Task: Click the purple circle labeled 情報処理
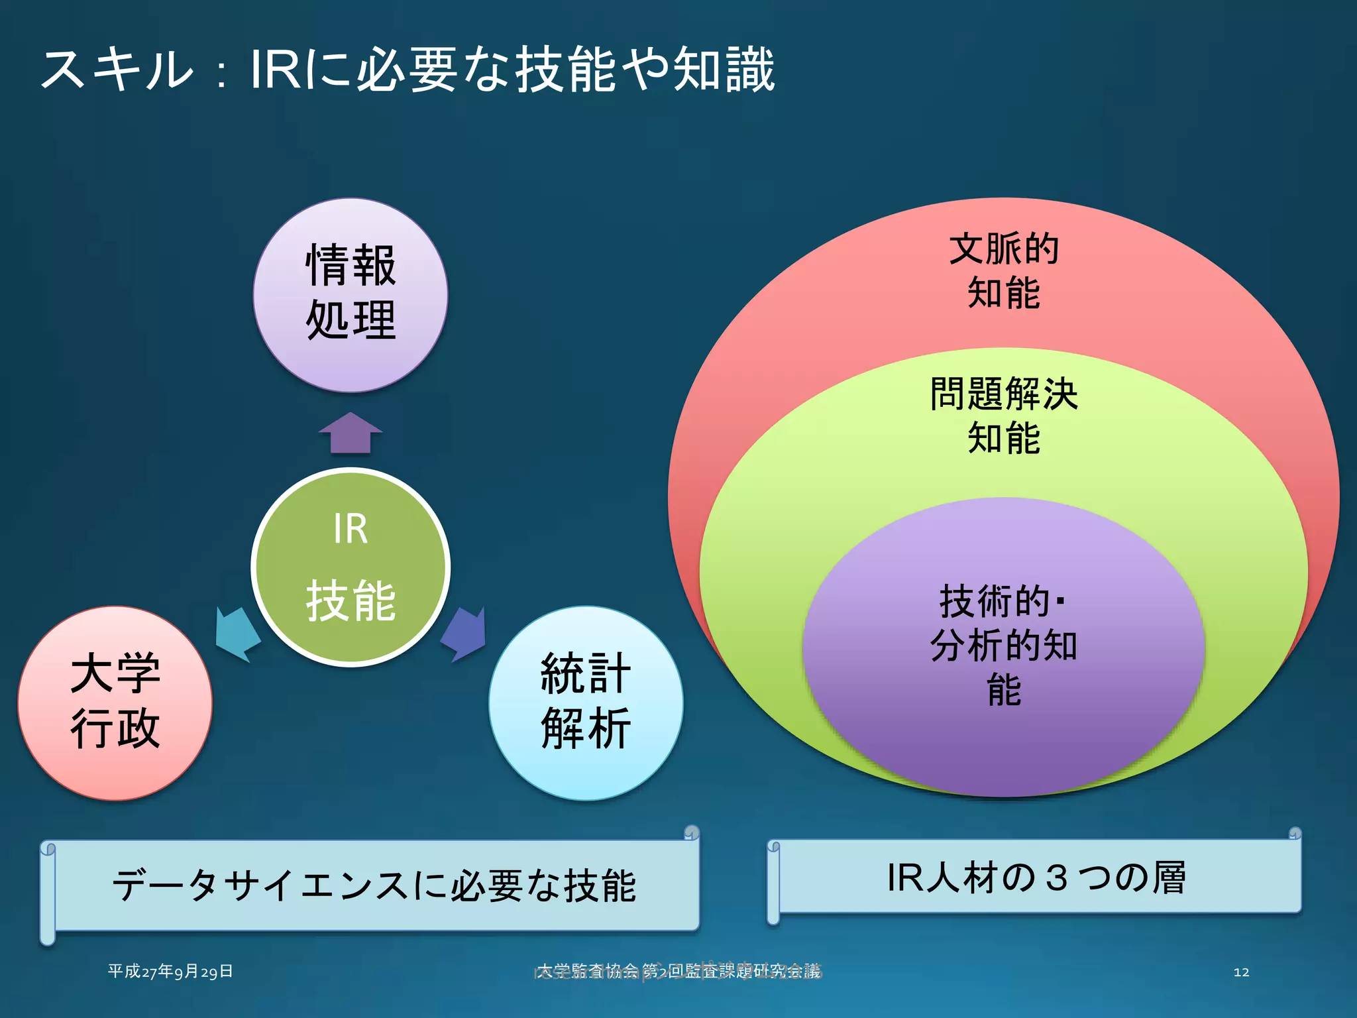(x=350, y=295)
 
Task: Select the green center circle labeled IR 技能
(x=350, y=567)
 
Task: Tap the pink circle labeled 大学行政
(x=115, y=703)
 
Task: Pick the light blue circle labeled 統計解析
(x=586, y=703)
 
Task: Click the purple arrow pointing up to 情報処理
(x=350, y=434)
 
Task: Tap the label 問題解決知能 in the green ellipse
(x=1003, y=416)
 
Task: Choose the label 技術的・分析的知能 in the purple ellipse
(x=1003, y=645)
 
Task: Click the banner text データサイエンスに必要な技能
(x=374, y=885)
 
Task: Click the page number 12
(x=1241, y=972)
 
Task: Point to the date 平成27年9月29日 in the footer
(x=170, y=972)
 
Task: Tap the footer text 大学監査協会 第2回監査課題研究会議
(x=678, y=972)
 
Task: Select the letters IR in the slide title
(x=276, y=70)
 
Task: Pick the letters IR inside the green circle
(x=350, y=529)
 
